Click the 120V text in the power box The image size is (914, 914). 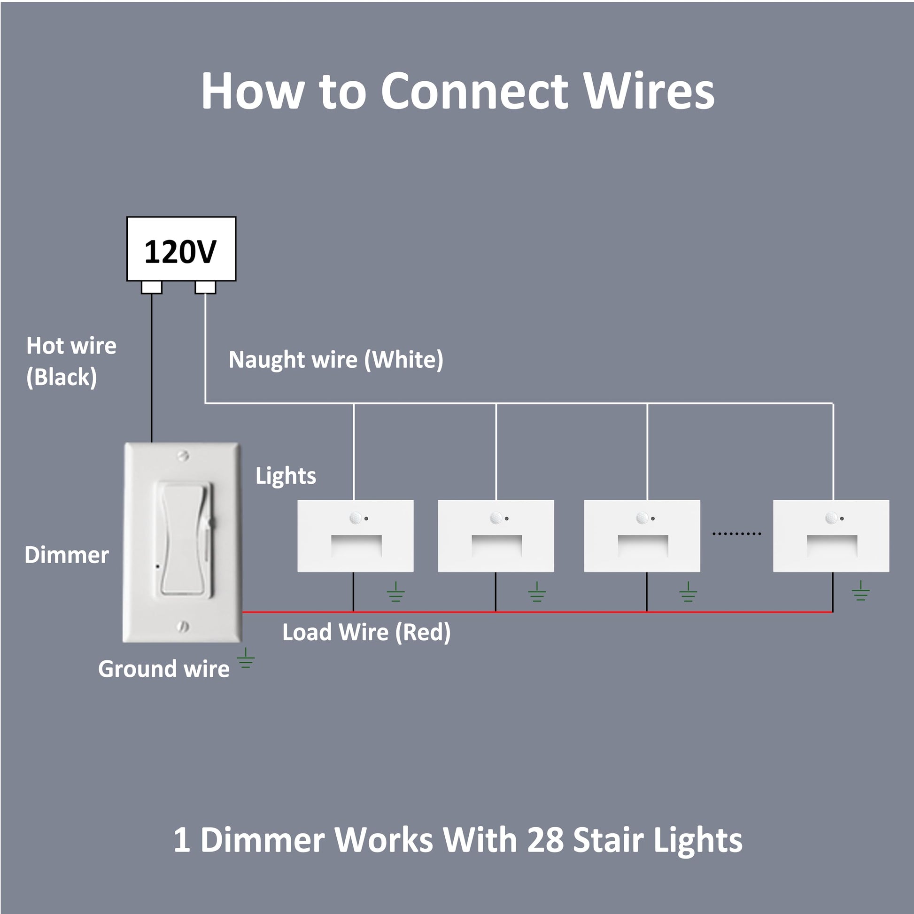(180, 252)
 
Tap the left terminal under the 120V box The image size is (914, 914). (151, 287)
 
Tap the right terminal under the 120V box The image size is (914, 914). (205, 287)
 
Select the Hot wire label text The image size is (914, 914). (71, 346)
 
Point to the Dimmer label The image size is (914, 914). (67, 555)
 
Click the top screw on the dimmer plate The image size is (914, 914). (183, 456)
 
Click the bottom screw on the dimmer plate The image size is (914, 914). (183, 627)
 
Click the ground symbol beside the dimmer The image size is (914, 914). (246, 658)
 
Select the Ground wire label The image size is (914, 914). (164, 669)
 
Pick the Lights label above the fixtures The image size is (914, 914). (286, 476)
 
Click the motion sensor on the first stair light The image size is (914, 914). (355, 518)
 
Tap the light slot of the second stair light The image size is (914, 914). (497, 546)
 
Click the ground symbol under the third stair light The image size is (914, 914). (688, 592)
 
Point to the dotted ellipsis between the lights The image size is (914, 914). (736, 534)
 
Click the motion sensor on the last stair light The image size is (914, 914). (831, 518)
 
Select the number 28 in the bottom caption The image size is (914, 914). (545, 840)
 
